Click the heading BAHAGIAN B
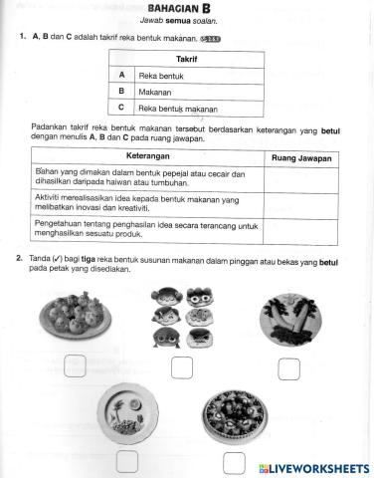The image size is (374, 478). (187, 11)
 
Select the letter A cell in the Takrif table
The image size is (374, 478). (120, 75)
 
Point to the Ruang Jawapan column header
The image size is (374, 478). (300, 158)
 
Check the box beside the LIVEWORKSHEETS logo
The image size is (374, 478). (233, 462)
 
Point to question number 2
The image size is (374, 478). (20, 259)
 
